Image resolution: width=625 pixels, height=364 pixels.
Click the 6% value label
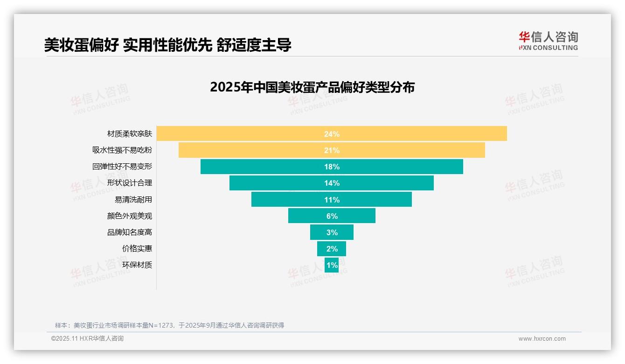(x=332, y=216)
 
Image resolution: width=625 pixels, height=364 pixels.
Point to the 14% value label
(x=332, y=183)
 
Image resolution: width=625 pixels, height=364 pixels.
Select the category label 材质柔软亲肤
(x=129, y=134)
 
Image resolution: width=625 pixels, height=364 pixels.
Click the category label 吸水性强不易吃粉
(x=122, y=150)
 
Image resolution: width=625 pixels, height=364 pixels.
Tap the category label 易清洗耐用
(x=133, y=200)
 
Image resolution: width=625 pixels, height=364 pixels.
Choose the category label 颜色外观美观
(x=129, y=216)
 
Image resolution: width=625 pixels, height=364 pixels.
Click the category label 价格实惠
(x=137, y=249)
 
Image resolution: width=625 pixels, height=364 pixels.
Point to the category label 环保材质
(x=137, y=265)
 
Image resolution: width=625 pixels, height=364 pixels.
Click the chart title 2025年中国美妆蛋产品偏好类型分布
(x=312, y=87)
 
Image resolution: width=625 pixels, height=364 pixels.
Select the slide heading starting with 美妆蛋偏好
(x=167, y=45)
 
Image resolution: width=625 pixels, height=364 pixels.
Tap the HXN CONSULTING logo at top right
(x=548, y=41)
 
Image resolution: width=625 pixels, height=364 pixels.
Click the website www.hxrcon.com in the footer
(x=542, y=339)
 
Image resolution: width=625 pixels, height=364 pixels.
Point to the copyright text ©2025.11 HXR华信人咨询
(x=87, y=339)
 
